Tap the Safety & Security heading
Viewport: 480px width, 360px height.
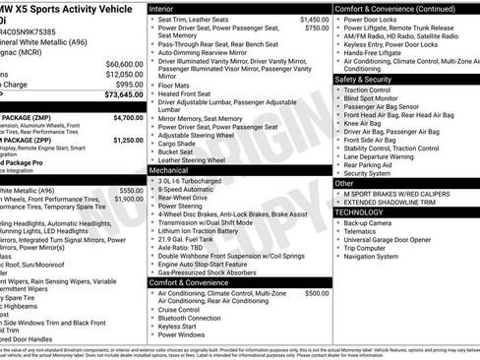(x=364, y=79)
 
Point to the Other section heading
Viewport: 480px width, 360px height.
(x=344, y=183)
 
